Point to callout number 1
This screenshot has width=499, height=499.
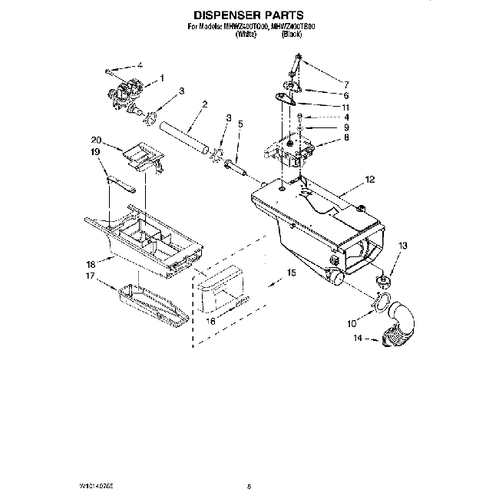coord(161,78)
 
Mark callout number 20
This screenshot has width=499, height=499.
coord(96,140)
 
